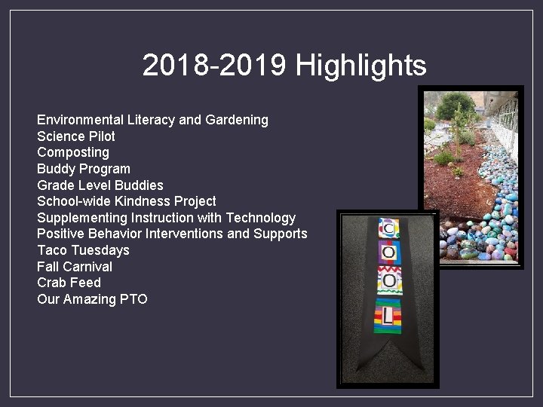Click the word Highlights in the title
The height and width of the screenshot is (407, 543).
[360, 66]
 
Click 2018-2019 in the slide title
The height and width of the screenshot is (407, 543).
[214, 66]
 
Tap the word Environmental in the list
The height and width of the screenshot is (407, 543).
[81, 120]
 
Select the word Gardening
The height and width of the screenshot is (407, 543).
[236, 120]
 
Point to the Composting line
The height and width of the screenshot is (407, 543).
[73, 152]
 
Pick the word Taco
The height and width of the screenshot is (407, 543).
[52, 250]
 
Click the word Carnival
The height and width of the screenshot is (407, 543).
[87, 267]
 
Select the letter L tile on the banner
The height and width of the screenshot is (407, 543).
[388, 314]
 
